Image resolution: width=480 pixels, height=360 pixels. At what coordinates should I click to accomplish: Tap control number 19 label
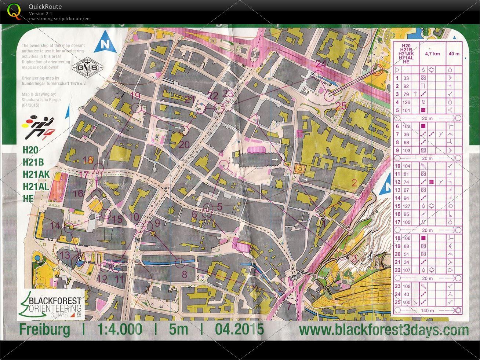point(135,96)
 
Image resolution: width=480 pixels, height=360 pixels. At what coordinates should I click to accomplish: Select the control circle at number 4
point(223,165)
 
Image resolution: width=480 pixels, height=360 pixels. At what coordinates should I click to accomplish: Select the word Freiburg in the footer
point(44,329)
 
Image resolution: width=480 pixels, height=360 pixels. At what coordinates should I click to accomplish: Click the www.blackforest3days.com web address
point(383,330)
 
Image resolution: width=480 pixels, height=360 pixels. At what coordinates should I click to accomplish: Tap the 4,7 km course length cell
point(432,54)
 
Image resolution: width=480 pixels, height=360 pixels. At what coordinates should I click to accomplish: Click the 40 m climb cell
point(454,54)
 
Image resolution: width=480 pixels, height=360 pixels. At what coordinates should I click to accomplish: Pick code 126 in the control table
point(406,102)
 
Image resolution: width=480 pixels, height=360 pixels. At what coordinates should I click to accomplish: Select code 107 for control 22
point(406,270)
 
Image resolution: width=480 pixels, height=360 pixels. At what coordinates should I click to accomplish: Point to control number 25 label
point(341,106)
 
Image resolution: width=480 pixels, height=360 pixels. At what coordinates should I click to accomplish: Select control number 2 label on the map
point(354,182)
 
